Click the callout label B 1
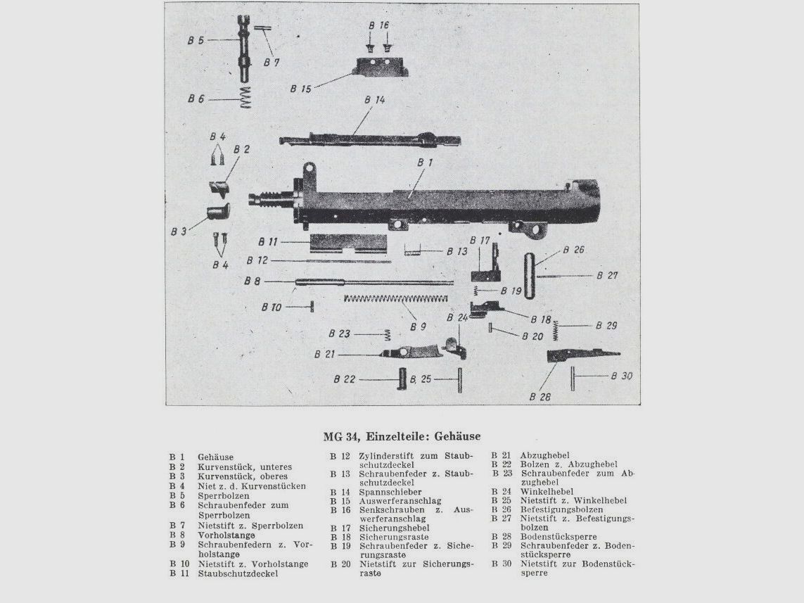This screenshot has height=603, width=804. pos(424,163)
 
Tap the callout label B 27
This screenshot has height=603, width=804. pos(607,276)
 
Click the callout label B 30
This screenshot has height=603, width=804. pos(621,376)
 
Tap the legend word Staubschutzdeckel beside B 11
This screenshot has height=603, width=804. pos(238,573)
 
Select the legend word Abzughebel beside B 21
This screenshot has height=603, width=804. pos(545,455)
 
